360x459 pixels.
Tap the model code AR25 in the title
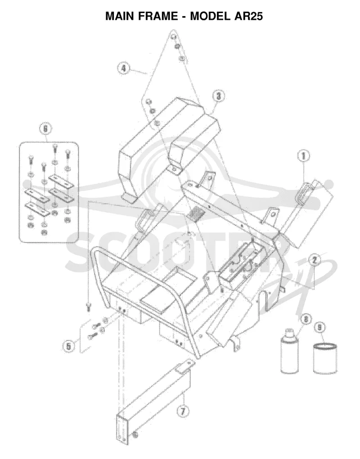[248, 16]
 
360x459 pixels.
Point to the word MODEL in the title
[210, 16]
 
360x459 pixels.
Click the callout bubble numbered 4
[123, 68]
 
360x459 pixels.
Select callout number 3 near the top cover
[219, 95]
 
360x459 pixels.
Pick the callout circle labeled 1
[303, 155]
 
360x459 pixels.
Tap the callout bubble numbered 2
[315, 259]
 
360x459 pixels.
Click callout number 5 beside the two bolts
[68, 346]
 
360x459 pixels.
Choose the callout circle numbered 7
[182, 411]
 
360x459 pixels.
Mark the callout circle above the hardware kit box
[45, 129]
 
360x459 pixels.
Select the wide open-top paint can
[325, 358]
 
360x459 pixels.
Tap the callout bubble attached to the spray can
[306, 318]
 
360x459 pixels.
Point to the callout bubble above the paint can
[320, 328]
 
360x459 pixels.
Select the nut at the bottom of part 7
[135, 434]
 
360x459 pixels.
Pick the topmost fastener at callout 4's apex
[174, 37]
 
